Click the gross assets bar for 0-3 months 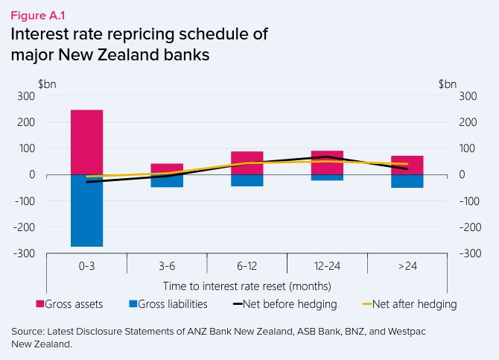(x=86, y=142)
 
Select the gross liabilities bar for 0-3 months (x=86, y=210)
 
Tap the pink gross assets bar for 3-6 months (x=167, y=168)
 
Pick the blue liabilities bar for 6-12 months (x=247, y=180)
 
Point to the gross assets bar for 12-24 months (x=327, y=162)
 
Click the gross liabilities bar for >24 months (x=407, y=181)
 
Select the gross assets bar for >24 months (x=407, y=165)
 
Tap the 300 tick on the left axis (x=26, y=95)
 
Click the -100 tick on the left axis (x=25, y=201)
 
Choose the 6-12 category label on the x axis (x=247, y=266)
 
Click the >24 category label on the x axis (x=407, y=266)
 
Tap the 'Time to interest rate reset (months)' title (x=247, y=285)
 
